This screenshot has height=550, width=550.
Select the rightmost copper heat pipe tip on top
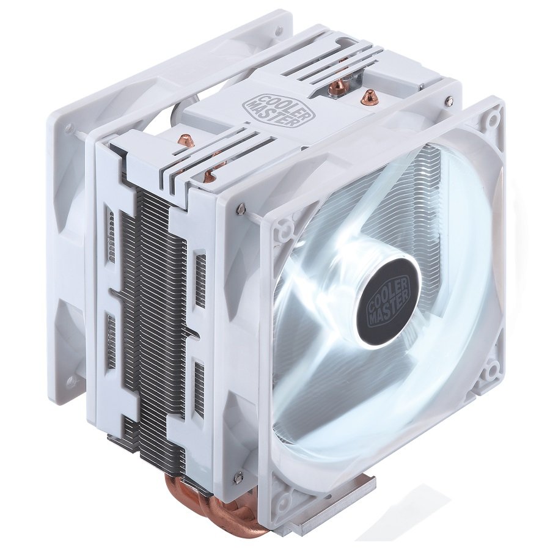(x=369, y=96)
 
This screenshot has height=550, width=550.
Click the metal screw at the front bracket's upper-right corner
(x=449, y=100)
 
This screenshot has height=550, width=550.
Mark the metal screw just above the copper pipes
(x=237, y=473)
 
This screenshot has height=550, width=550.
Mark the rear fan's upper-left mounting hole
(x=69, y=129)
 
